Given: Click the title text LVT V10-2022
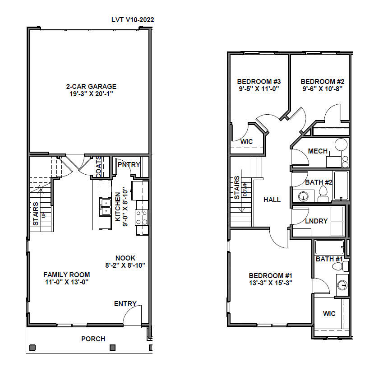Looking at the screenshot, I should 133,20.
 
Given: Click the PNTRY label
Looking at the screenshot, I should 129,165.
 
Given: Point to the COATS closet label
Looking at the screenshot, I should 98,167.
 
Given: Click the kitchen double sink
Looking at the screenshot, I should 105,207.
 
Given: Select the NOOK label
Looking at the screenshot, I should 125,258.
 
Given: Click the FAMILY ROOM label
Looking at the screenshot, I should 66,274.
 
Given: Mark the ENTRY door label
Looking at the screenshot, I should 125,304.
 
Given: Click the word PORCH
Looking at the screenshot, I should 93,339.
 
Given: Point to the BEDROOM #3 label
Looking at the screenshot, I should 259,82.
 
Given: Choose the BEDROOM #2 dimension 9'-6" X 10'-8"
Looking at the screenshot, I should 323,89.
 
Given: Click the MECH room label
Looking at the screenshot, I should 318,151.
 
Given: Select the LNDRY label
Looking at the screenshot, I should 316,221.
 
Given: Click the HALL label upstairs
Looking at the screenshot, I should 272,200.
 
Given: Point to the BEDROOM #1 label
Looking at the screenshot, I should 271,276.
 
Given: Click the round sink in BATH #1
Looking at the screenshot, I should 342,285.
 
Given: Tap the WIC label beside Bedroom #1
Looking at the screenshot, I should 329,314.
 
